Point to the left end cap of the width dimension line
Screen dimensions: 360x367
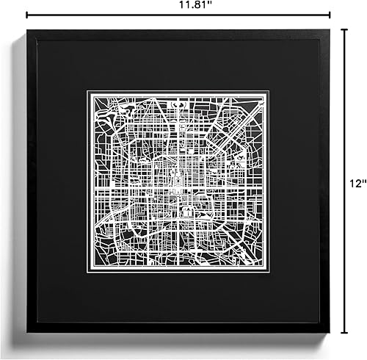click(26, 14)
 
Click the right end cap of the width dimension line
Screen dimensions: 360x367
click(330, 14)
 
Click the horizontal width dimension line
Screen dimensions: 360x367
click(110, 14)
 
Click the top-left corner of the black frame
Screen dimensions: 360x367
click(27, 30)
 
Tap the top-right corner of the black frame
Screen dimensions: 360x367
click(330, 30)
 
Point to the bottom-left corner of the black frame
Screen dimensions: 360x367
click(27, 332)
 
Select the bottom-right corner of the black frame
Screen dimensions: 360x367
click(330, 332)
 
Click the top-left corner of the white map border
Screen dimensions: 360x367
click(88, 92)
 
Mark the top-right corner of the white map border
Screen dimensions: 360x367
click(269, 92)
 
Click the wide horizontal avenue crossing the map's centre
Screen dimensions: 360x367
click(178, 192)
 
